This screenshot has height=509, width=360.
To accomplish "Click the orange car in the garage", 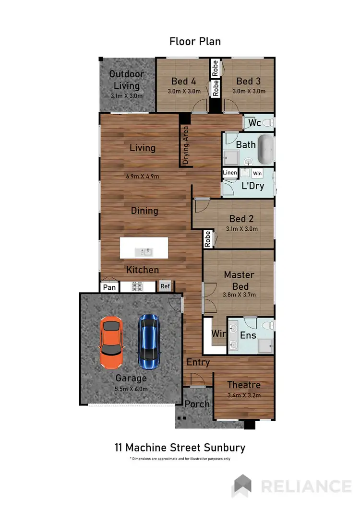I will point(111,342).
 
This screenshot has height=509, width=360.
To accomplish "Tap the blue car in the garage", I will point(149,339).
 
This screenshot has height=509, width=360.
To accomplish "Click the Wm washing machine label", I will point(257,173).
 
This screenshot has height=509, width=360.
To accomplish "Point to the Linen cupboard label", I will point(230,173).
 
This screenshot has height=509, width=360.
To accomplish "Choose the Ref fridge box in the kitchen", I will point(165,286).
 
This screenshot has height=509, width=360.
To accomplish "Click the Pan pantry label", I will point(110,287).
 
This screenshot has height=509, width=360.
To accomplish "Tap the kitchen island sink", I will point(144,251).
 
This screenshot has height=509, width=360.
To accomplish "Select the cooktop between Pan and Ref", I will point(138,287).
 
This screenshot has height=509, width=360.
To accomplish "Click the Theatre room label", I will point(244,385).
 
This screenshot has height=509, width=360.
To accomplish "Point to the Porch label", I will point(197,404).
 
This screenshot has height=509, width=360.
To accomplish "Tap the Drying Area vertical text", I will point(185,145).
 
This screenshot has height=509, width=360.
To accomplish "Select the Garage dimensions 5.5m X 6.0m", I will point(131,389).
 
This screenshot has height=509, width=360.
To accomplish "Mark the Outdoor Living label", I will point(127,80).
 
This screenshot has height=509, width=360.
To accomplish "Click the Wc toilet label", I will point(254,123).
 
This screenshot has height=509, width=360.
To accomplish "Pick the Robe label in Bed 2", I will point(207,239).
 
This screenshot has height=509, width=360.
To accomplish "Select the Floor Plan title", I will point(195,41).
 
